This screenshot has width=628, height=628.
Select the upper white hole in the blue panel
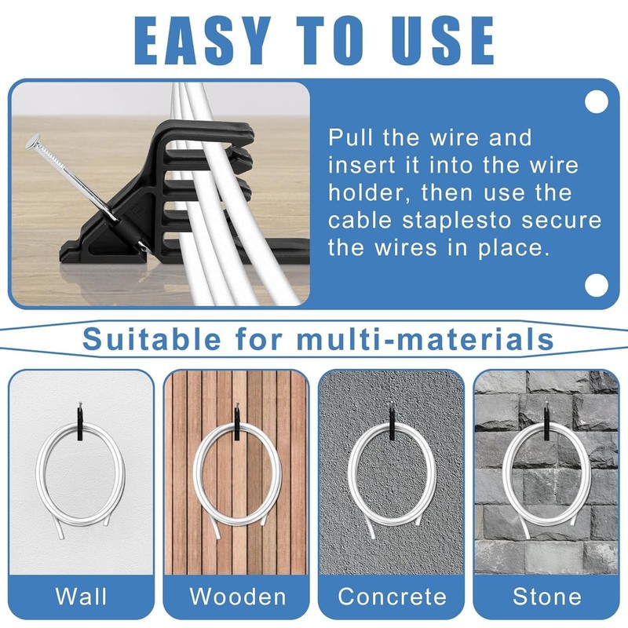(x=597, y=102)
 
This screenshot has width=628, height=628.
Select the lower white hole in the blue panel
(x=597, y=283)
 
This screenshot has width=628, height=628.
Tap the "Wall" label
(x=82, y=596)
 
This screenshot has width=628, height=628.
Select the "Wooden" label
(x=237, y=596)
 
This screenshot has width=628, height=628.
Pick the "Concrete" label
(x=392, y=596)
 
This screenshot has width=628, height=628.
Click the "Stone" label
(x=546, y=596)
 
